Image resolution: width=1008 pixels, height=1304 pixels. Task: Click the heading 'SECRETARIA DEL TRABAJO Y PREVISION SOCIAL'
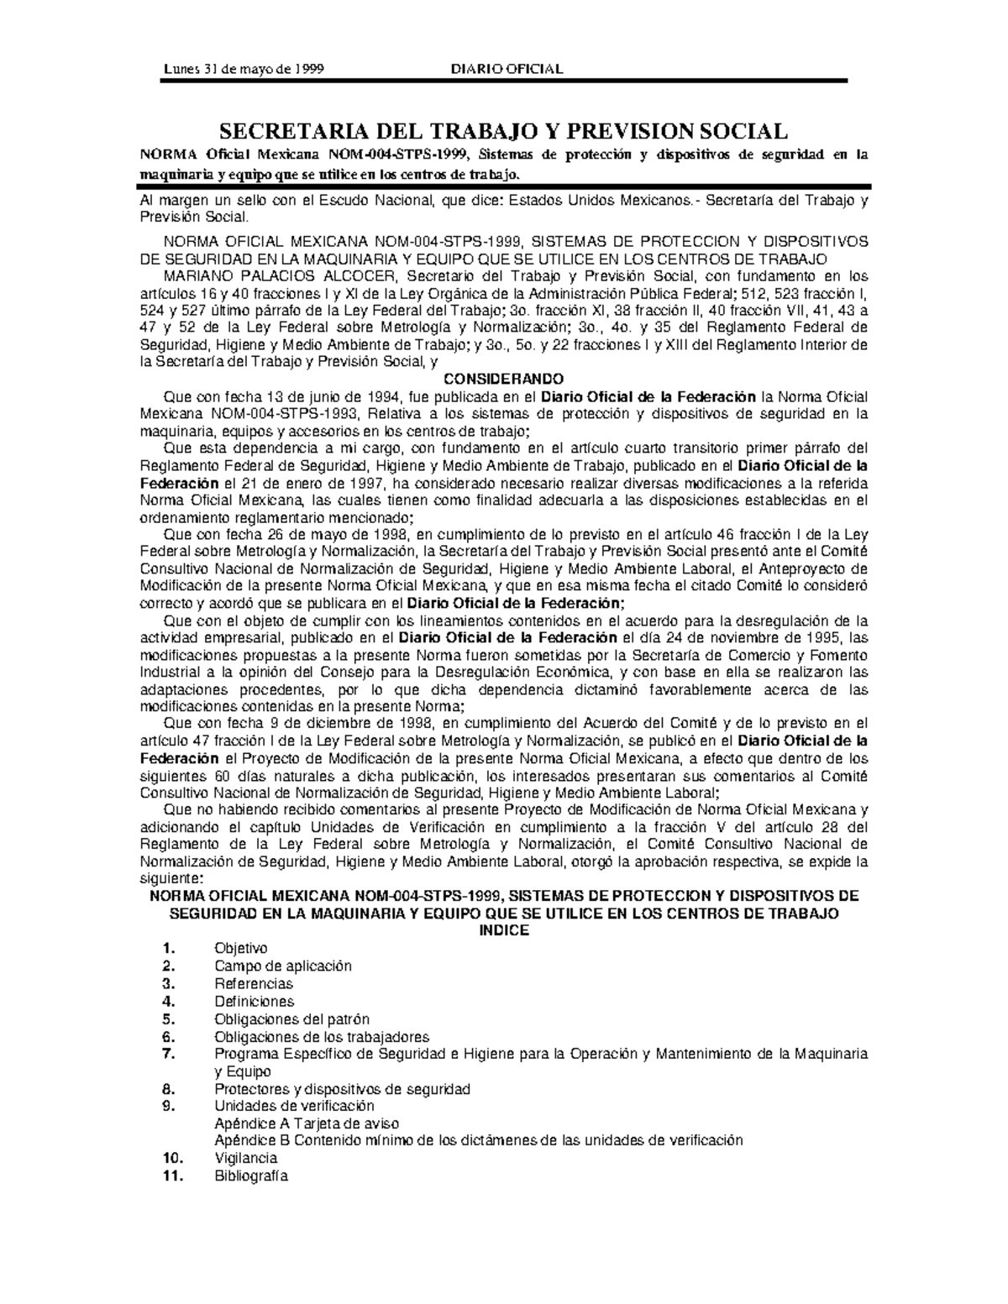pyautogui.click(x=503, y=131)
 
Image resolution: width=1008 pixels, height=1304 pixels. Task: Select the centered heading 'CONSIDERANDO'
pyautogui.click(x=503, y=378)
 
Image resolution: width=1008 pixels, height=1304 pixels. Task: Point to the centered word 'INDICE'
pyautogui.click(x=503, y=930)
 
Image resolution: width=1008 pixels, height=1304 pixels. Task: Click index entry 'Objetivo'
pyautogui.click(x=240, y=948)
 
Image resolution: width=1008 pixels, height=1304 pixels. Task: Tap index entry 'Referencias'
pyautogui.click(x=254, y=983)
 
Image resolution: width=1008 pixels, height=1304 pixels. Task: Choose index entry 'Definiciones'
pyautogui.click(x=255, y=1001)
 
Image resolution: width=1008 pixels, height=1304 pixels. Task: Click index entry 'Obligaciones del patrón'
pyautogui.click(x=291, y=1019)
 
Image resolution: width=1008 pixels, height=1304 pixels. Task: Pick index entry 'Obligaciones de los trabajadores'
pyautogui.click(x=322, y=1036)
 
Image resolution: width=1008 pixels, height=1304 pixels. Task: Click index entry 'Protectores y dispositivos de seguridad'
pyautogui.click(x=342, y=1089)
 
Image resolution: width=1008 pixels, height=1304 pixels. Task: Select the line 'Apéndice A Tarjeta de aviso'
pyautogui.click(x=307, y=1123)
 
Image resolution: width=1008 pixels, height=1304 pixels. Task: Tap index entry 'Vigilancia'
pyautogui.click(x=246, y=1158)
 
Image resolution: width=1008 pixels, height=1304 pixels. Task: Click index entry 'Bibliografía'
pyautogui.click(x=251, y=1176)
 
